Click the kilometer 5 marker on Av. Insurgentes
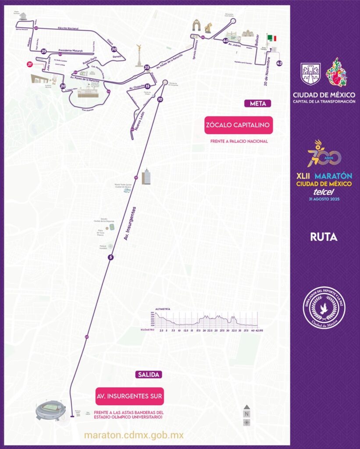pos(110,257)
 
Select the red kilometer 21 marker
pos(30,64)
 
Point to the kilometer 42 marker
pos(279,63)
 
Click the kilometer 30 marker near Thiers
pos(114,50)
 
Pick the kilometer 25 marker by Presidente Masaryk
pos(43,51)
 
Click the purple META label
pos(258,104)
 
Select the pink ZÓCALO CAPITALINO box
pos(239,125)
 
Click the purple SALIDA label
pos(149,374)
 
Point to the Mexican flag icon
pos(273,38)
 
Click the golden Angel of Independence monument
pos(139,54)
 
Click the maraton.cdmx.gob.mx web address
pos(133,435)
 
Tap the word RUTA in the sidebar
pos(324,237)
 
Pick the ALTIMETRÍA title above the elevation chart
pos(163,309)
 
